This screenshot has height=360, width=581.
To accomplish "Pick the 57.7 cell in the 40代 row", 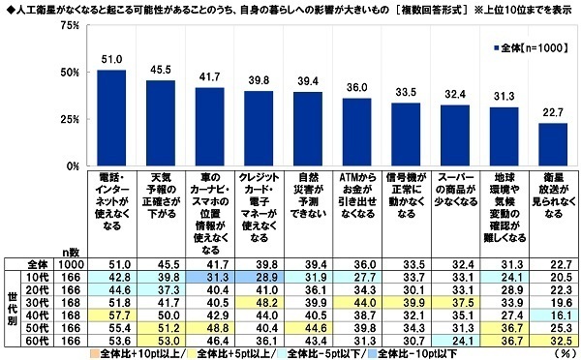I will [111, 315].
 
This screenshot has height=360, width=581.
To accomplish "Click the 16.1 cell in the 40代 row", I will [547, 315].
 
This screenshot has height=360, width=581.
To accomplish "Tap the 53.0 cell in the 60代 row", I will [160, 341].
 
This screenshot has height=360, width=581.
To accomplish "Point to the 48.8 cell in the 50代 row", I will [208, 328].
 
